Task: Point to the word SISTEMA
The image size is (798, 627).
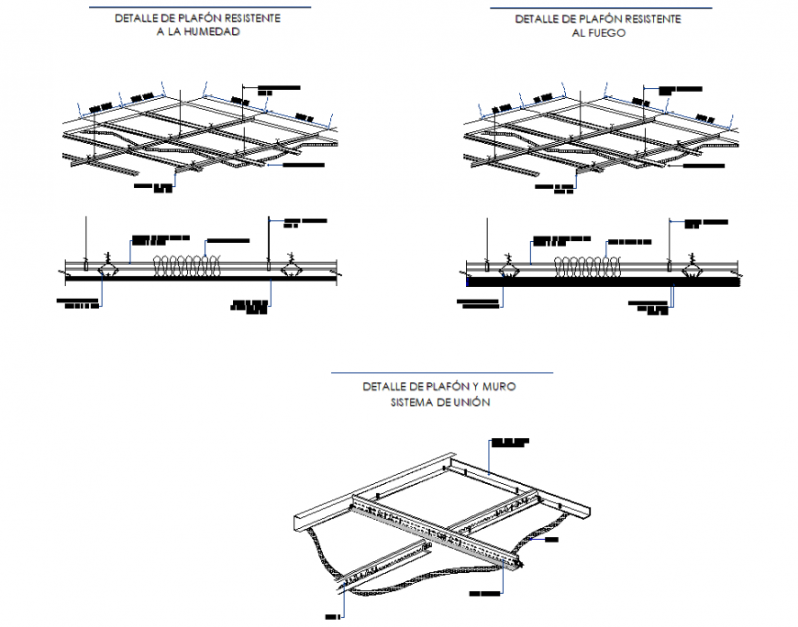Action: tap(417, 402)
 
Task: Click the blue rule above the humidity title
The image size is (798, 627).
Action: tap(198, 7)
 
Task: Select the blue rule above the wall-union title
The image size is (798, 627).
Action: tap(441, 373)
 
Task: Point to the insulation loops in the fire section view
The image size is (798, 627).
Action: tap(586, 266)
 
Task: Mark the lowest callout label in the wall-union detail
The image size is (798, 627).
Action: tap(331, 618)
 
